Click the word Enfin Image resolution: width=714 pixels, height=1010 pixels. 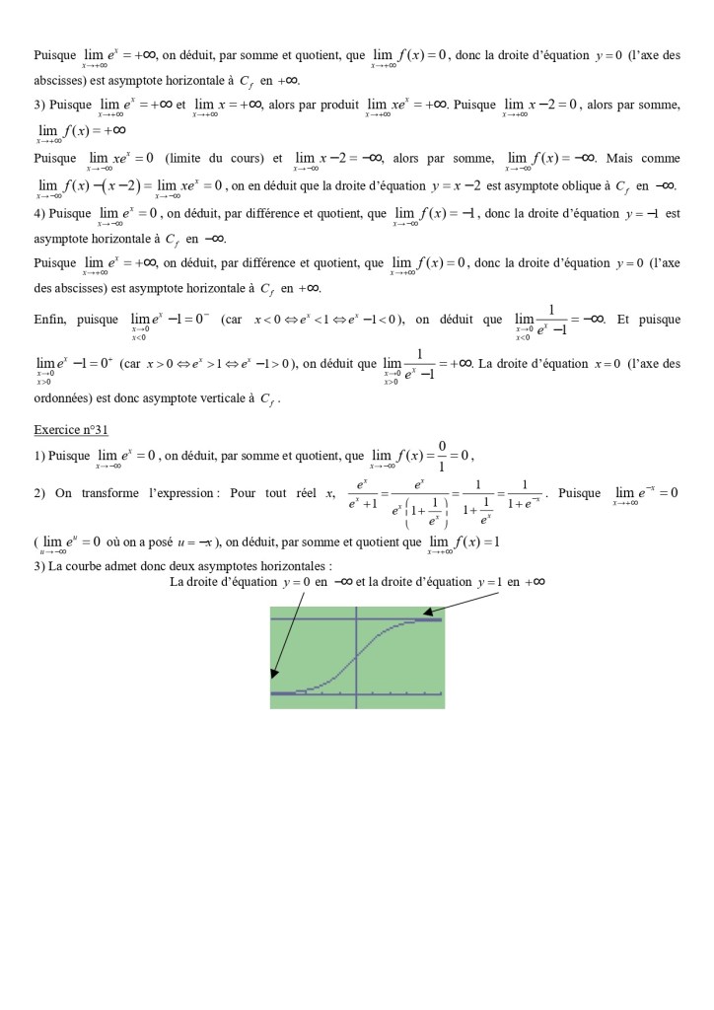point(49,320)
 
